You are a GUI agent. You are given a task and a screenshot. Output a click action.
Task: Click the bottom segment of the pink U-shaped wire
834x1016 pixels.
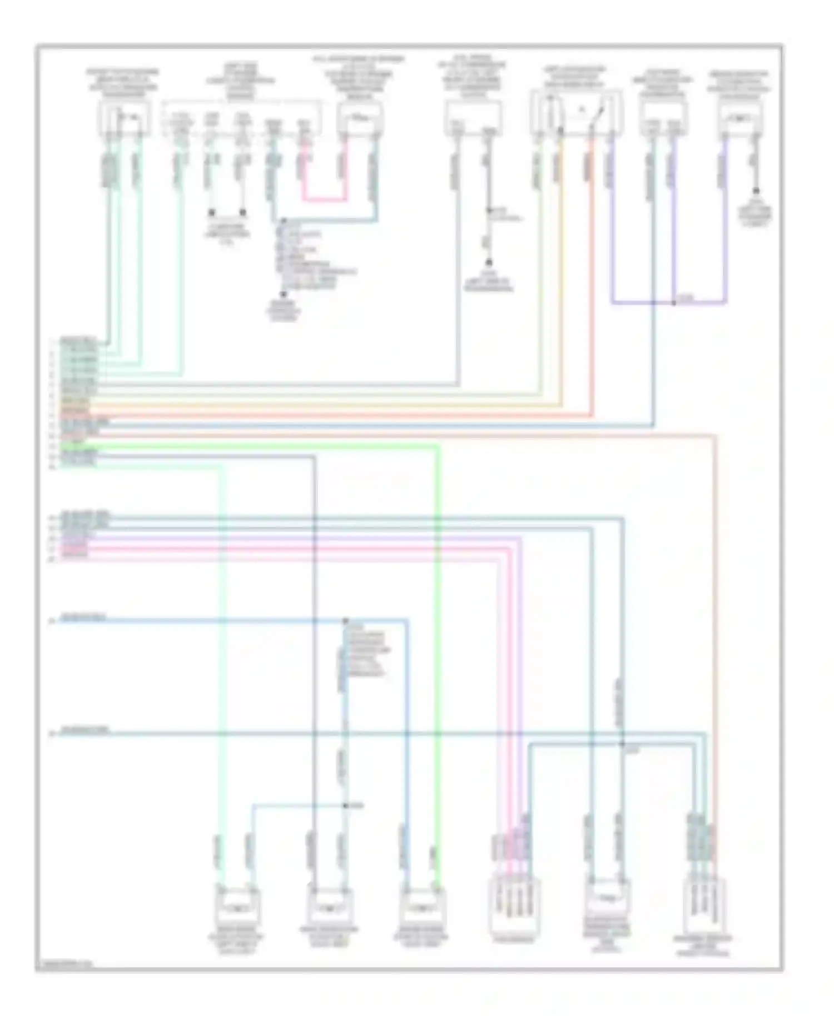point(325,198)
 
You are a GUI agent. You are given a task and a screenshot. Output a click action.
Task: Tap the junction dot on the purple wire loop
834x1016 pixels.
point(673,303)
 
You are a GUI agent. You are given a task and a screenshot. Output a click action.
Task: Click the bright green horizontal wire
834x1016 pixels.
point(250,446)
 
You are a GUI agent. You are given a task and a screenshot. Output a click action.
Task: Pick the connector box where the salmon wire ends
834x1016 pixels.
point(705,903)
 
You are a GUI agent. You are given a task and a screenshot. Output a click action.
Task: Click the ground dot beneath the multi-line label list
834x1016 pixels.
point(283,295)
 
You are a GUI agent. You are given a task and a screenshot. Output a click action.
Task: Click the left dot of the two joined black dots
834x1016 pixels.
point(211,212)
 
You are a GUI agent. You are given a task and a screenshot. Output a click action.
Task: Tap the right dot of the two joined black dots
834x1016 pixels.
point(242,212)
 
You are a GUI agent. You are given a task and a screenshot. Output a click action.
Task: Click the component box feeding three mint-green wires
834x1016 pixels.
point(125,118)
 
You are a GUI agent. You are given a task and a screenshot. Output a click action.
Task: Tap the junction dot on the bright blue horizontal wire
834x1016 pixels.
point(345,620)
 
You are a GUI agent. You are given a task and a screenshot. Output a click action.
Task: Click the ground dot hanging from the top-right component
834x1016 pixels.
point(756,191)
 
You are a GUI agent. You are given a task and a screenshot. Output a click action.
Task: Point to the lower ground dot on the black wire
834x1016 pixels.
point(489,262)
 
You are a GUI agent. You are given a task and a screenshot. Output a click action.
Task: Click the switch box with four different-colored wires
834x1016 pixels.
point(577,113)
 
